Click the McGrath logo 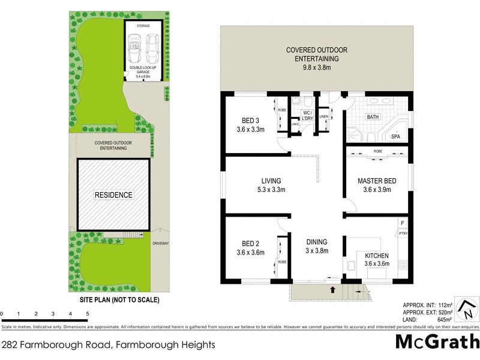click(x=437, y=342)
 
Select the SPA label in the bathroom click(x=395, y=137)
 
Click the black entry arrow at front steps click(x=333, y=290)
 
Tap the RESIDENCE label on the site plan click(x=113, y=195)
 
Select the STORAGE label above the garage click(x=143, y=26)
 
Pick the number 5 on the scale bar click(x=88, y=314)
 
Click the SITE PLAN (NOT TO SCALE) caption click(x=113, y=299)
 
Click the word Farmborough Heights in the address click(x=165, y=345)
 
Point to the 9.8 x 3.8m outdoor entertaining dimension click(x=316, y=67)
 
